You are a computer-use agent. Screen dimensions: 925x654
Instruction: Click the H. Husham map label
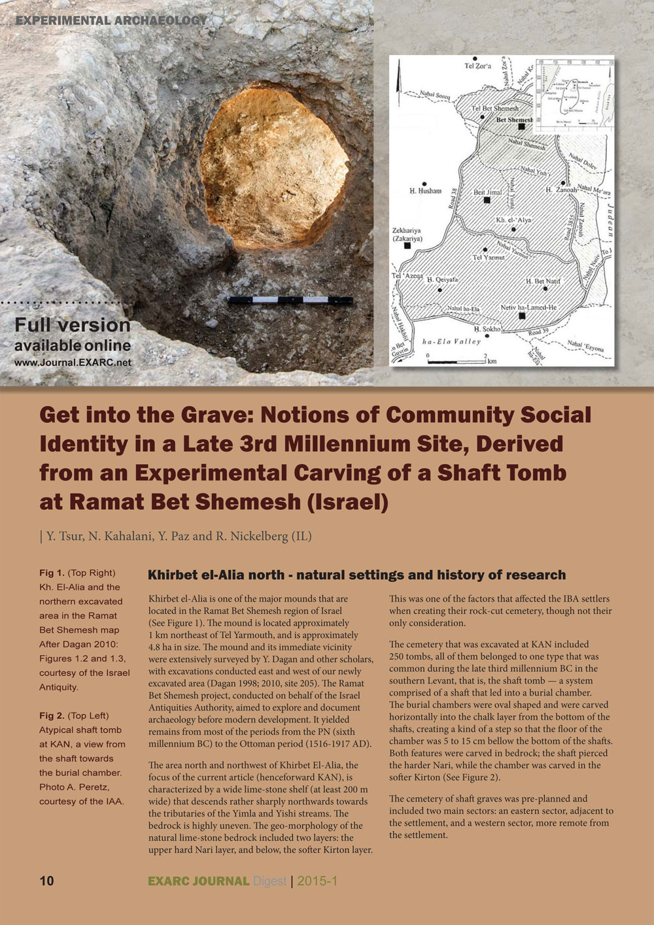coord(425,191)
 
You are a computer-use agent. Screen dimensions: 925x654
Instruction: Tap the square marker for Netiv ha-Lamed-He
coord(521,316)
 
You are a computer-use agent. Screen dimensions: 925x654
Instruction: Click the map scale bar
coord(456,361)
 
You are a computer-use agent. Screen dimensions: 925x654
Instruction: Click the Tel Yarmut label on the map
coord(489,258)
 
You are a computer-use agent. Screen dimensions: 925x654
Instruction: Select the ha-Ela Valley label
coord(451,341)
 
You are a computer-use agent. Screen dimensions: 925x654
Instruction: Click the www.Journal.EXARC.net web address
coord(73,362)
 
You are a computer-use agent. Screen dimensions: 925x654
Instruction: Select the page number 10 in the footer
coord(46,881)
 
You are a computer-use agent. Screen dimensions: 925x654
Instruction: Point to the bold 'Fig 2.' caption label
coord(52,716)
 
